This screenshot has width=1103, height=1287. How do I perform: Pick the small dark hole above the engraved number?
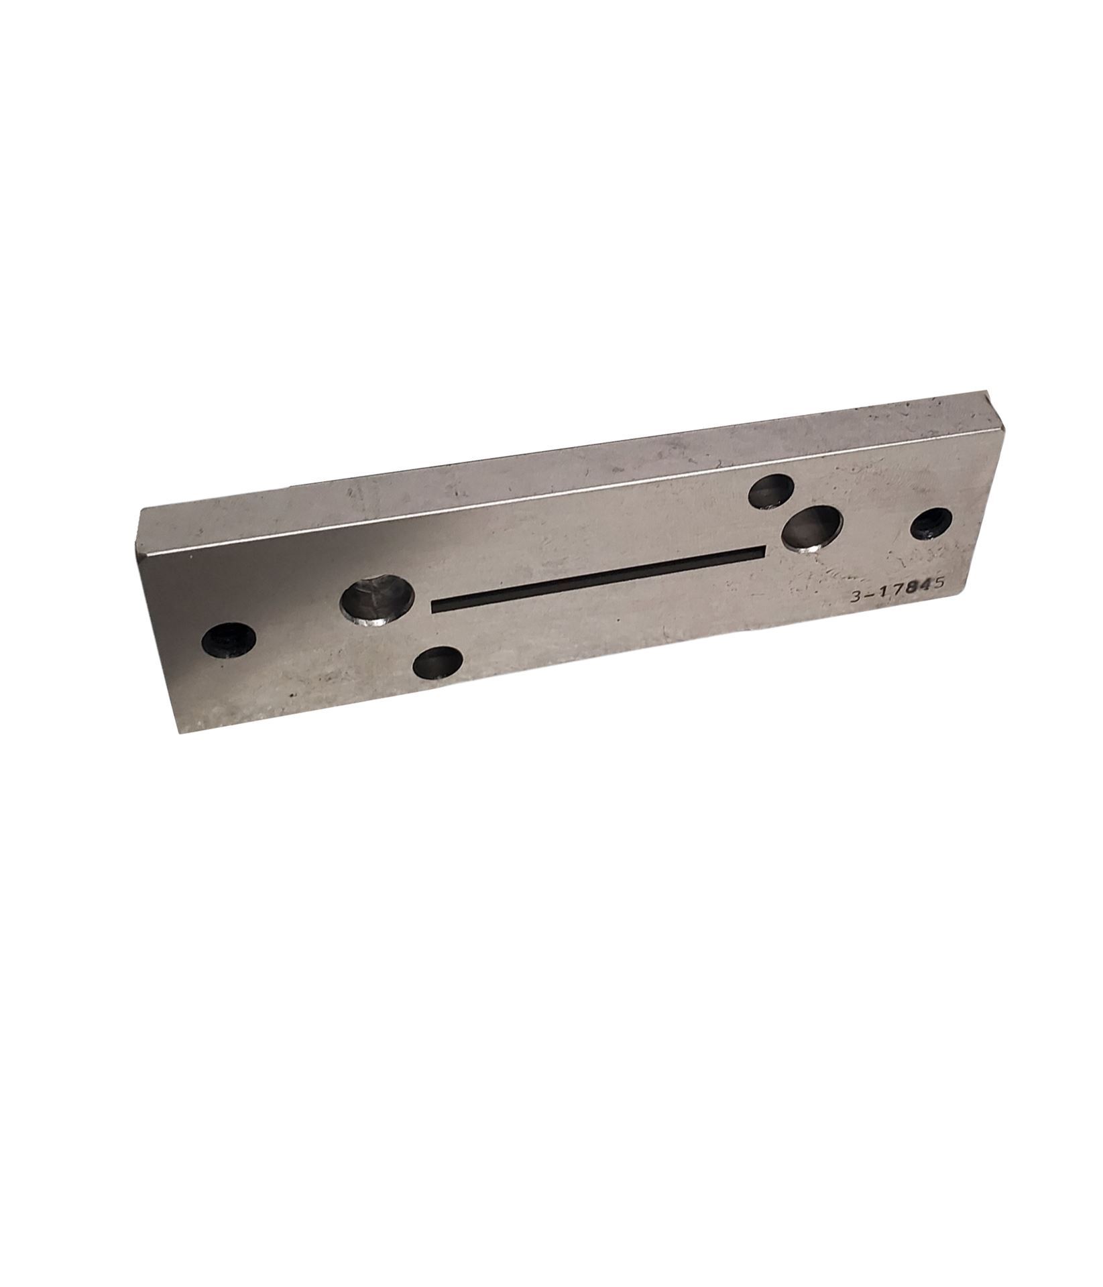coord(932,524)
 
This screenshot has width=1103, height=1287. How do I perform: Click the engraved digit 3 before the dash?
coord(855,598)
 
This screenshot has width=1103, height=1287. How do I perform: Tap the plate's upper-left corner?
coord(139,511)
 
